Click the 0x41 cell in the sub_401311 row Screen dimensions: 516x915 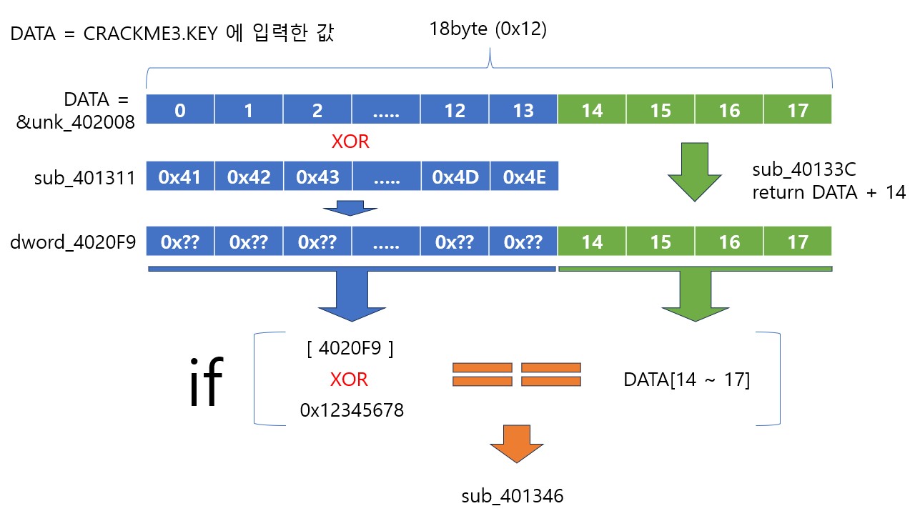pos(179,177)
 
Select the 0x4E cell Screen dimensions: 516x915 pos(524,177)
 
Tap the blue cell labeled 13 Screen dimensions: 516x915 pos(523,110)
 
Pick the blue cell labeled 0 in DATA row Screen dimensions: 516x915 pos(179,110)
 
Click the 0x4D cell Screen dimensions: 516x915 pos(455,177)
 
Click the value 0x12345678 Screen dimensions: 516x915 pos(352,410)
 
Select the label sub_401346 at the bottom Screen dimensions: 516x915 pos(513,495)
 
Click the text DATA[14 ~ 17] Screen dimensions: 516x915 pos(686,380)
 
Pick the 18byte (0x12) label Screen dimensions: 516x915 pos(488,29)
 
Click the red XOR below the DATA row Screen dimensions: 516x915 pos(350,142)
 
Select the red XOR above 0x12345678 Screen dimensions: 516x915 pos(349,380)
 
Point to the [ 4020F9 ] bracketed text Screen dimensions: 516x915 pos(350,349)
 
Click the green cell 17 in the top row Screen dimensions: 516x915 pos(798,110)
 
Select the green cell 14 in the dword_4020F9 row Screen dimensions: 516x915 pos(592,242)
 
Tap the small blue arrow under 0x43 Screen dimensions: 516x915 pos(350,207)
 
